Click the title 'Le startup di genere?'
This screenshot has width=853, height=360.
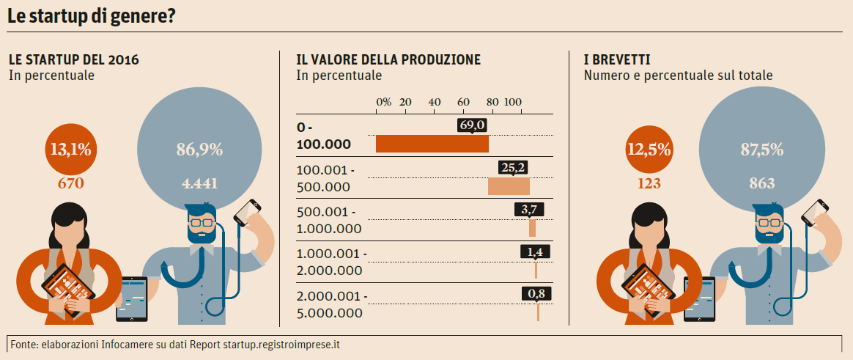[92, 15]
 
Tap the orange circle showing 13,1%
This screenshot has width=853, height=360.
[71, 150]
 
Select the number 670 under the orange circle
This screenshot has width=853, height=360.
[71, 183]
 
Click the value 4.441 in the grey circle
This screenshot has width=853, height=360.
[199, 183]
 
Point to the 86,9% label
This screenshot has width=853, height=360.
[199, 150]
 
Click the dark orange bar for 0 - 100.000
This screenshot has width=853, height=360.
[432, 144]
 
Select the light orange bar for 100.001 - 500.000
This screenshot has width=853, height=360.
[509, 186]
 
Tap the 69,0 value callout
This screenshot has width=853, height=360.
[473, 126]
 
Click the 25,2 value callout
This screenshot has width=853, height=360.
[513, 168]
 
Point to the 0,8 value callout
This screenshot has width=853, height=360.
[537, 294]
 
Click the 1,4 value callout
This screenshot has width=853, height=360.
[534, 252]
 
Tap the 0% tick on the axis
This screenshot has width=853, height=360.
[383, 101]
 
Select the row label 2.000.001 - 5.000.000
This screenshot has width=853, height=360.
[330, 304]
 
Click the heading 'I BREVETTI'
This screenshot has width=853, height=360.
[617, 59]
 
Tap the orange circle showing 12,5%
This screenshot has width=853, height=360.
[649, 150]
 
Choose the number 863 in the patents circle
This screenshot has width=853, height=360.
[762, 183]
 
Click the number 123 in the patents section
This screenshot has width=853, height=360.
[649, 183]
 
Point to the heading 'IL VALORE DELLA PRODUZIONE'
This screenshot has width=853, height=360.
[388, 59]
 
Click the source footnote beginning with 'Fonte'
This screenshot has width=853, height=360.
[176, 344]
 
